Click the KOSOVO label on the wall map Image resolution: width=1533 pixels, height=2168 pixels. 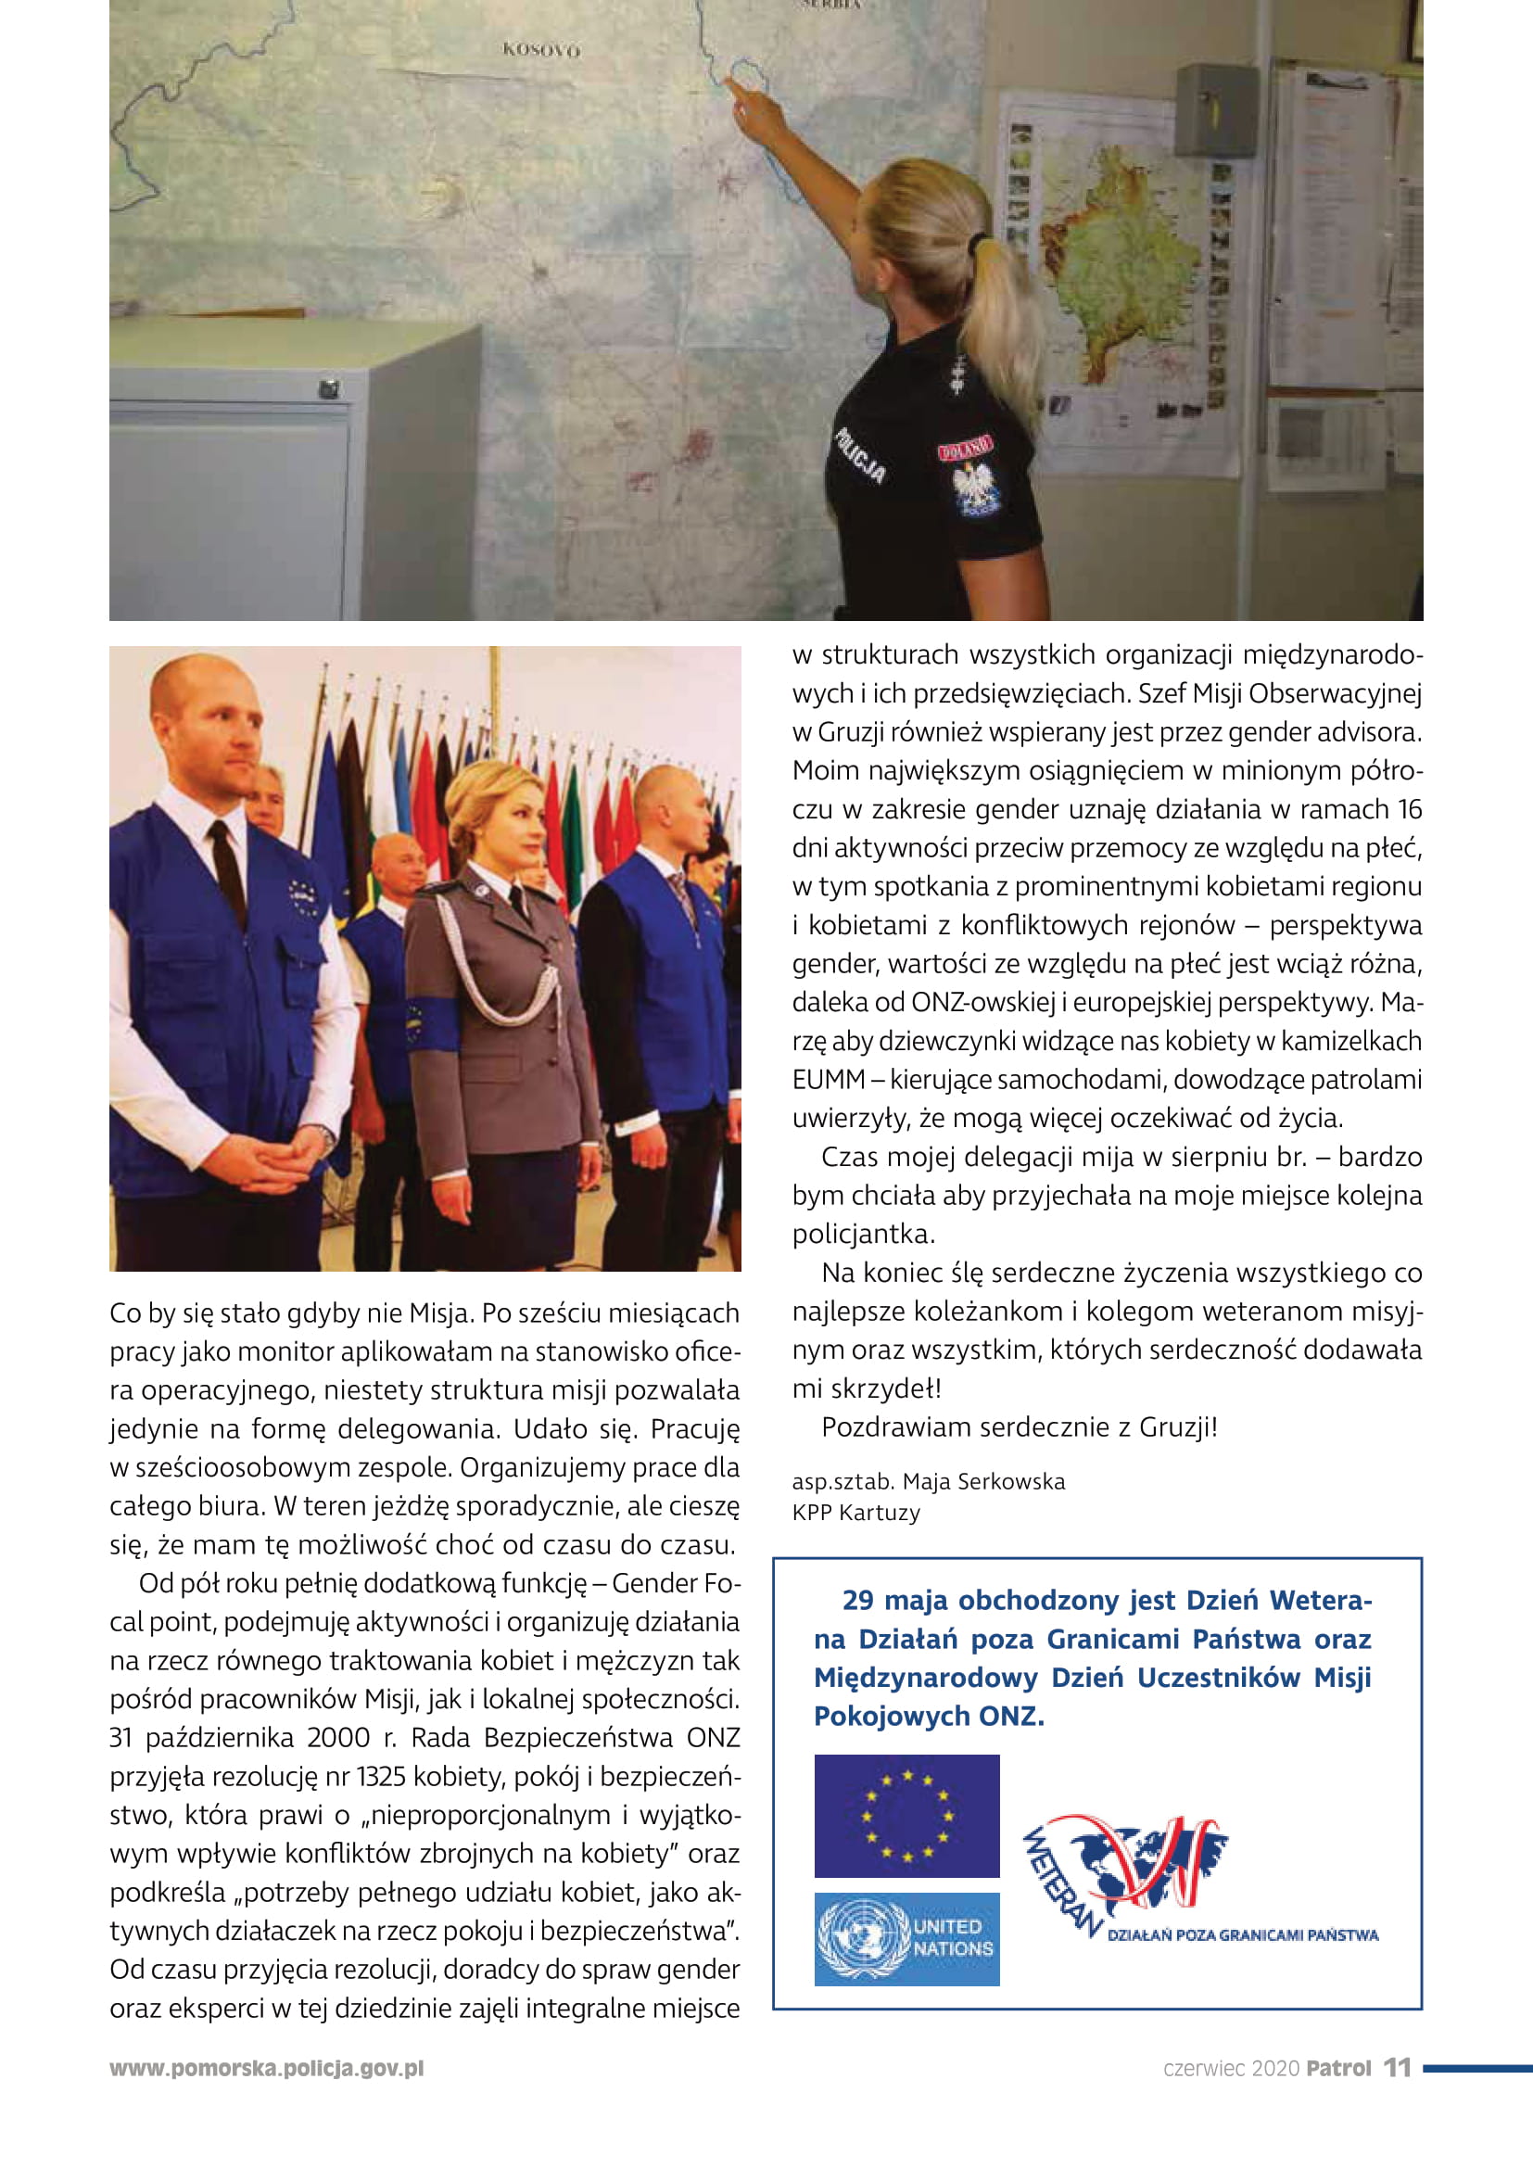[x=541, y=49]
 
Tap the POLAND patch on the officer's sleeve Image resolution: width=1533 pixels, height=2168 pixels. [x=965, y=448]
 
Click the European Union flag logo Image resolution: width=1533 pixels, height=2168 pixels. [x=906, y=1816]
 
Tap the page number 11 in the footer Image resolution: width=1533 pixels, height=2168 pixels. [x=1397, y=2067]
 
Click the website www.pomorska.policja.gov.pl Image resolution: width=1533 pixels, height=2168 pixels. [x=266, y=2068]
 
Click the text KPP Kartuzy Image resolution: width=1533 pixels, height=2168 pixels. [x=855, y=1513]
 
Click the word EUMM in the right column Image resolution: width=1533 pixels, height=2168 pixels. [x=828, y=1079]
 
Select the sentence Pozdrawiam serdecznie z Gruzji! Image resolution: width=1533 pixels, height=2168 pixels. [x=1019, y=1426]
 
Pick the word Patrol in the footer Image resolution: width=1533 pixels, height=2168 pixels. [x=1337, y=2068]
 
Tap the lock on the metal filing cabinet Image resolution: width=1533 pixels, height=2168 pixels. [x=328, y=388]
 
